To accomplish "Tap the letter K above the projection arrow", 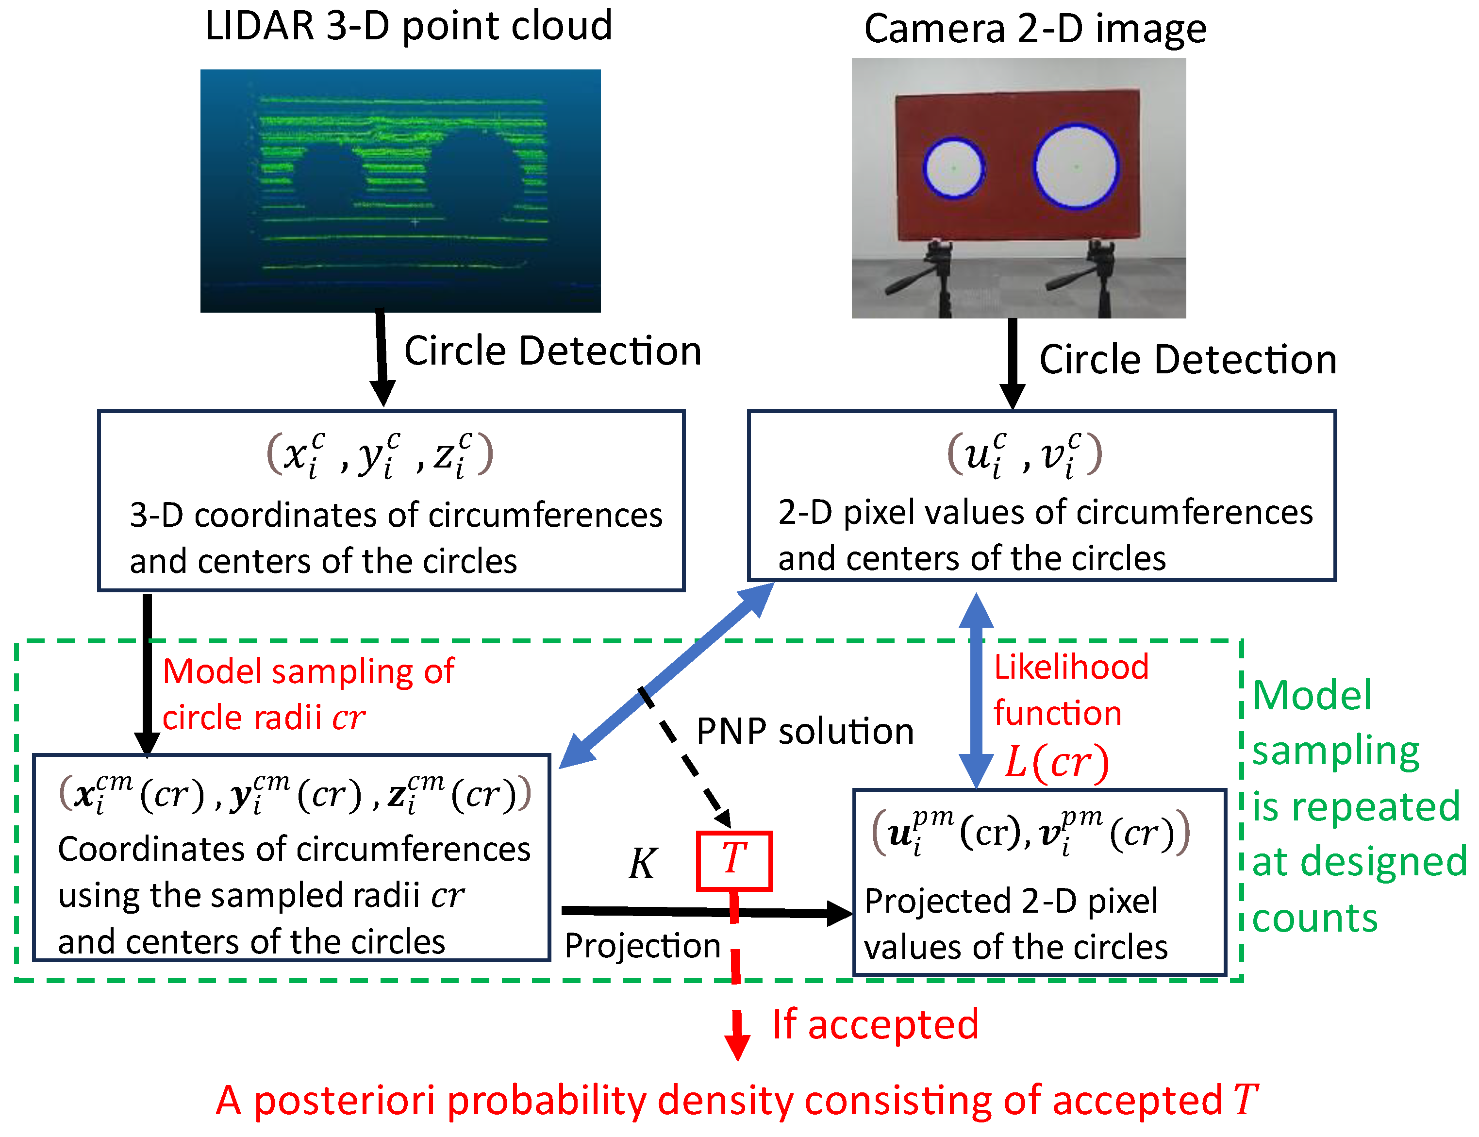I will pos(642,864).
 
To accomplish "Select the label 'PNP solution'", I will pos(804,732).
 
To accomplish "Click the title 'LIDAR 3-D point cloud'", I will pos(408,27).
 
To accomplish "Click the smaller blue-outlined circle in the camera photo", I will pos(953,168).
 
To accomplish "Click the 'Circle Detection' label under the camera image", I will pos(1187,359).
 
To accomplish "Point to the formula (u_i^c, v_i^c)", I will pos(1024,453).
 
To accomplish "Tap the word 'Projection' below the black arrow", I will pos(642,945).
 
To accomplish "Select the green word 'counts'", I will pos(1314,919).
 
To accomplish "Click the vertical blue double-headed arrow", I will pos(976,690).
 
